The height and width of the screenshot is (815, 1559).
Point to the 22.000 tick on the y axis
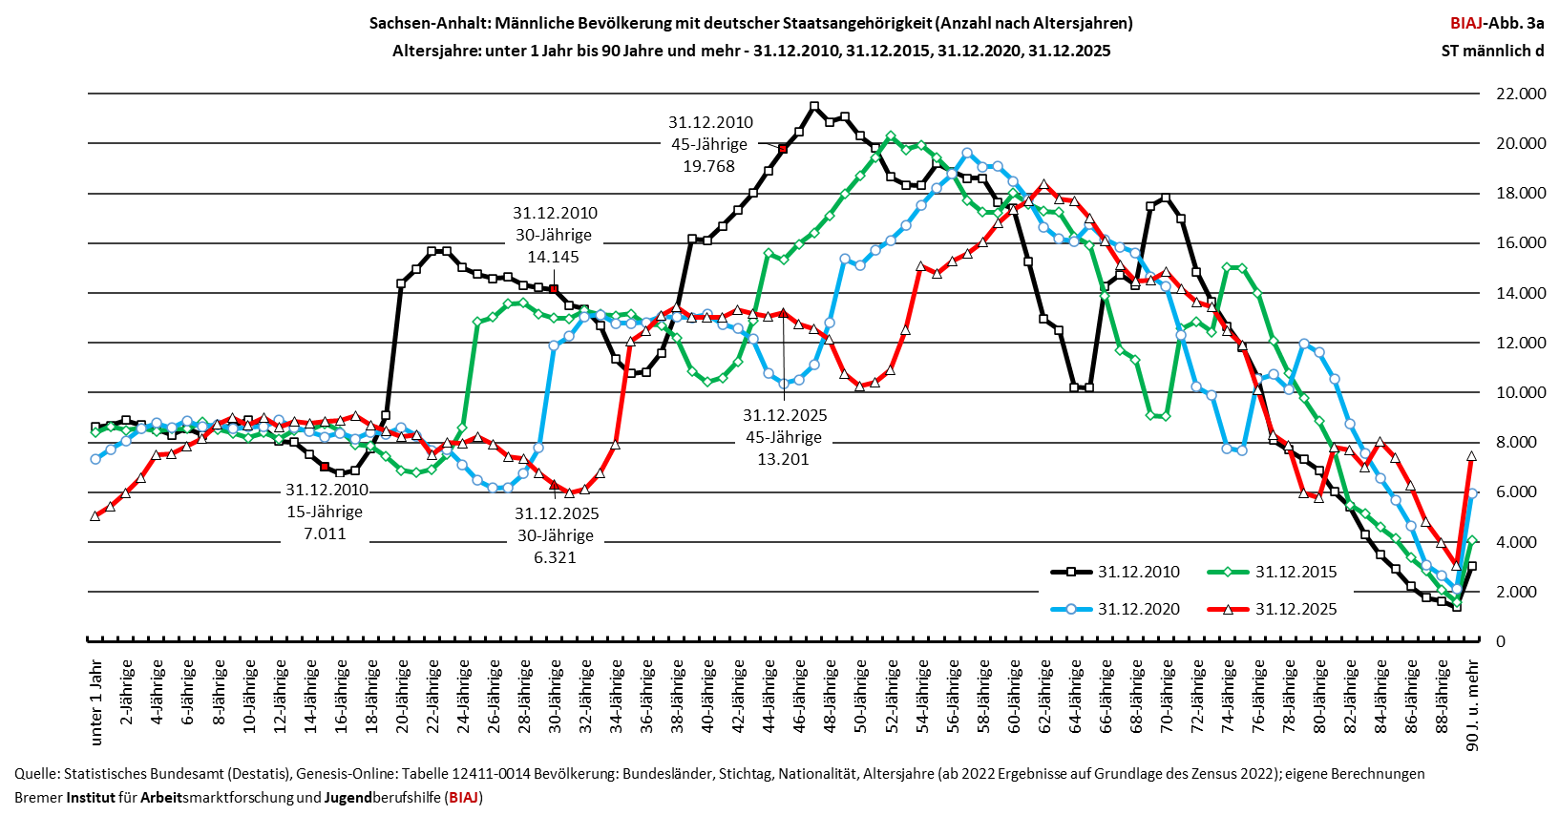pyautogui.click(x=1521, y=94)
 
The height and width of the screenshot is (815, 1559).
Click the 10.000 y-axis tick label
pyautogui.click(x=1521, y=392)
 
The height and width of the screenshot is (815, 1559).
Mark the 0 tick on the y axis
pyautogui.click(x=1501, y=641)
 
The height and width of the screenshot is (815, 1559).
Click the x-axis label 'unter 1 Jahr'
pyautogui.click(x=96, y=703)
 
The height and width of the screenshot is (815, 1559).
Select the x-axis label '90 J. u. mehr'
pyautogui.click(x=1472, y=706)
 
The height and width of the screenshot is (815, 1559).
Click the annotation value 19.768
pyautogui.click(x=708, y=166)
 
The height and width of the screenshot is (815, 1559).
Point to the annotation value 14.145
pyautogui.click(x=553, y=257)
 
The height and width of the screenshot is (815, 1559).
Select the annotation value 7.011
pyautogui.click(x=325, y=533)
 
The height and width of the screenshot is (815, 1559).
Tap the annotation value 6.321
pyautogui.click(x=555, y=557)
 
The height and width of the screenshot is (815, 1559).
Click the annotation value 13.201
pyautogui.click(x=784, y=459)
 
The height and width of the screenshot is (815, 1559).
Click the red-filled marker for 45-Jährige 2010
pyautogui.click(x=783, y=148)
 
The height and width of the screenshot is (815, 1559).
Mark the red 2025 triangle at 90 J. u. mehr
pyautogui.click(x=1472, y=456)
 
